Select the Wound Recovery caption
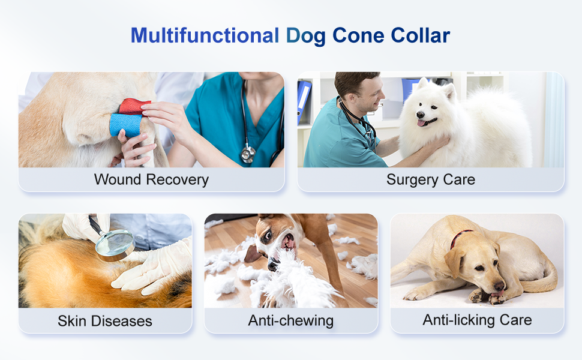coord(151,179)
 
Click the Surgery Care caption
coord(430,179)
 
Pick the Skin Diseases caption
coord(105,321)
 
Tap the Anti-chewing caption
coord(290,321)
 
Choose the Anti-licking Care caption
coord(477,320)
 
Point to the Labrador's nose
coord(499,287)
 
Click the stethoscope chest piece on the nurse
coord(247,155)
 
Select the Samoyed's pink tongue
coord(422,123)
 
